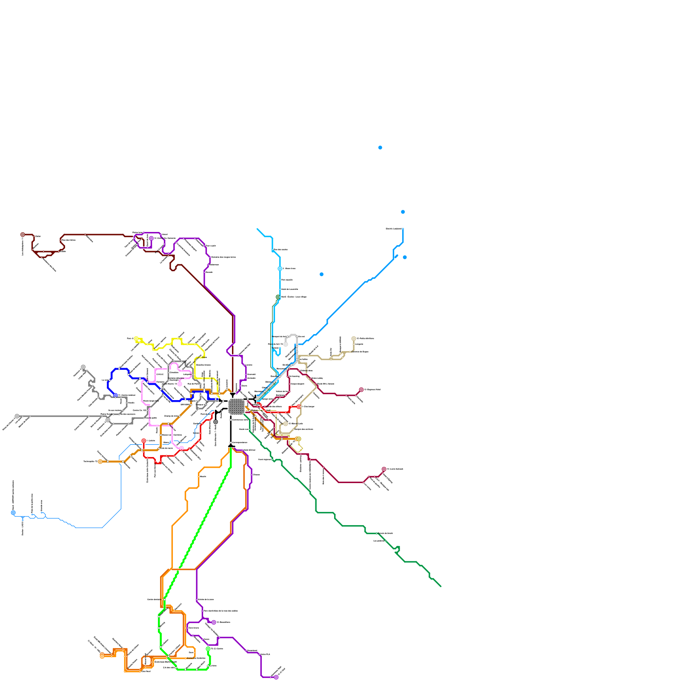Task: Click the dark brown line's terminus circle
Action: click(23, 235)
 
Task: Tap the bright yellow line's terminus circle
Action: click(136, 339)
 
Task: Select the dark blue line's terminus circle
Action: click(115, 395)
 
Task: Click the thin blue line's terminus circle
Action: click(13, 513)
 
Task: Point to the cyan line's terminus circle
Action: click(280, 269)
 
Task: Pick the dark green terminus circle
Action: click(278, 297)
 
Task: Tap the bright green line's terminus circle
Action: click(208, 649)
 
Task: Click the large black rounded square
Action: click(236, 406)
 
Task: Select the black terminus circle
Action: click(216, 422)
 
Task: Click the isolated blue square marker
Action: click(321, 275)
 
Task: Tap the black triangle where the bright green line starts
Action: click(231, 445)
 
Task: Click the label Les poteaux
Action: click(379, 541)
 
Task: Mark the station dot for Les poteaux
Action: click(386, 541)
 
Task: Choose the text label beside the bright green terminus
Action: click(217, 649)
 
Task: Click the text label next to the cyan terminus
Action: click(289, 269)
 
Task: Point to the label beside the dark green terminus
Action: click(294, 297)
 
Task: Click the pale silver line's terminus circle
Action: click(286, 344)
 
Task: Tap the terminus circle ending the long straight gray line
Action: click(17, 416)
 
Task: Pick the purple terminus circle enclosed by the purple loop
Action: click(151, 238)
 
